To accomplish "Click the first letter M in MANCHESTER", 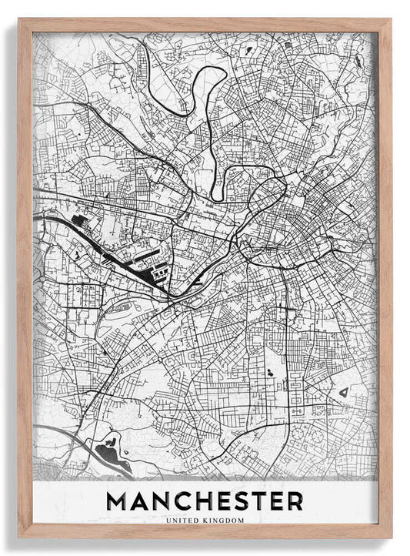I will [118, 501].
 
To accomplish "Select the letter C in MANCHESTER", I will [188, 501].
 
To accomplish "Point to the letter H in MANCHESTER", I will [212, 501].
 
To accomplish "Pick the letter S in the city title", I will [252, 501].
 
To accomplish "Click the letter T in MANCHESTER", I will [272, 501].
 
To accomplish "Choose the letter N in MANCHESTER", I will [165, 501].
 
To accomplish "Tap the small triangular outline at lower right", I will [343, 393].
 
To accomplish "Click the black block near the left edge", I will [79, 222].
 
